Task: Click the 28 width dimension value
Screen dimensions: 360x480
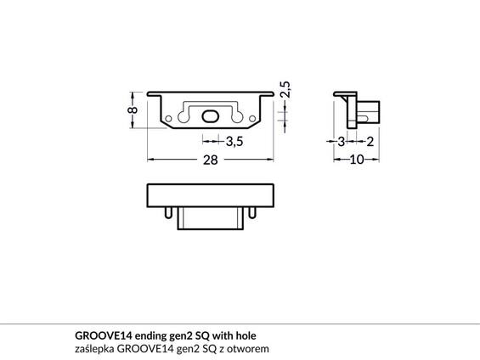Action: (211, 161)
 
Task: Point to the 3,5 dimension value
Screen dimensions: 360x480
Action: (234, 142)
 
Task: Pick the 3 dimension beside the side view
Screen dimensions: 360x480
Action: (342, 142)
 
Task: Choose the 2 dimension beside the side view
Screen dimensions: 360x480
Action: (371, 142)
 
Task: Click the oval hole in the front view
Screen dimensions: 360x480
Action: (211, 115)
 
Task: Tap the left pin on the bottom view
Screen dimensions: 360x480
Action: (170, 212)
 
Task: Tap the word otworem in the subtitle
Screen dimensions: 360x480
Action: (251, 348)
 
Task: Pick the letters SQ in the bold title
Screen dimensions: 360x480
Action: (205, 335)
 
